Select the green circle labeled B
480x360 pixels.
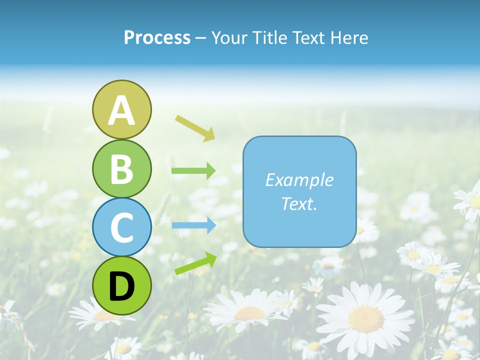coord(121,169)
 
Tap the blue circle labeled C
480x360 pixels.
coord(121,227)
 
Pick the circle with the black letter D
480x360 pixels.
coord(121,285)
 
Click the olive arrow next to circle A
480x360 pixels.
coord(195,127)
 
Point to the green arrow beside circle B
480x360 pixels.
coord(193,171)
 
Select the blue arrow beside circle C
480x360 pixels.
coord(193,225)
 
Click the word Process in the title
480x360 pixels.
coord(157,37)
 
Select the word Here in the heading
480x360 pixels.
coord(349,37)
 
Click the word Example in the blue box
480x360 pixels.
coord(299,180)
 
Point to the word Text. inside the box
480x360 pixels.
coord(299,204)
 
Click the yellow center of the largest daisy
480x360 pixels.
coord(366,318)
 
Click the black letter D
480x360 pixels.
coord(121,286)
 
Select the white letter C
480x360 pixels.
coord(121,228)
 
